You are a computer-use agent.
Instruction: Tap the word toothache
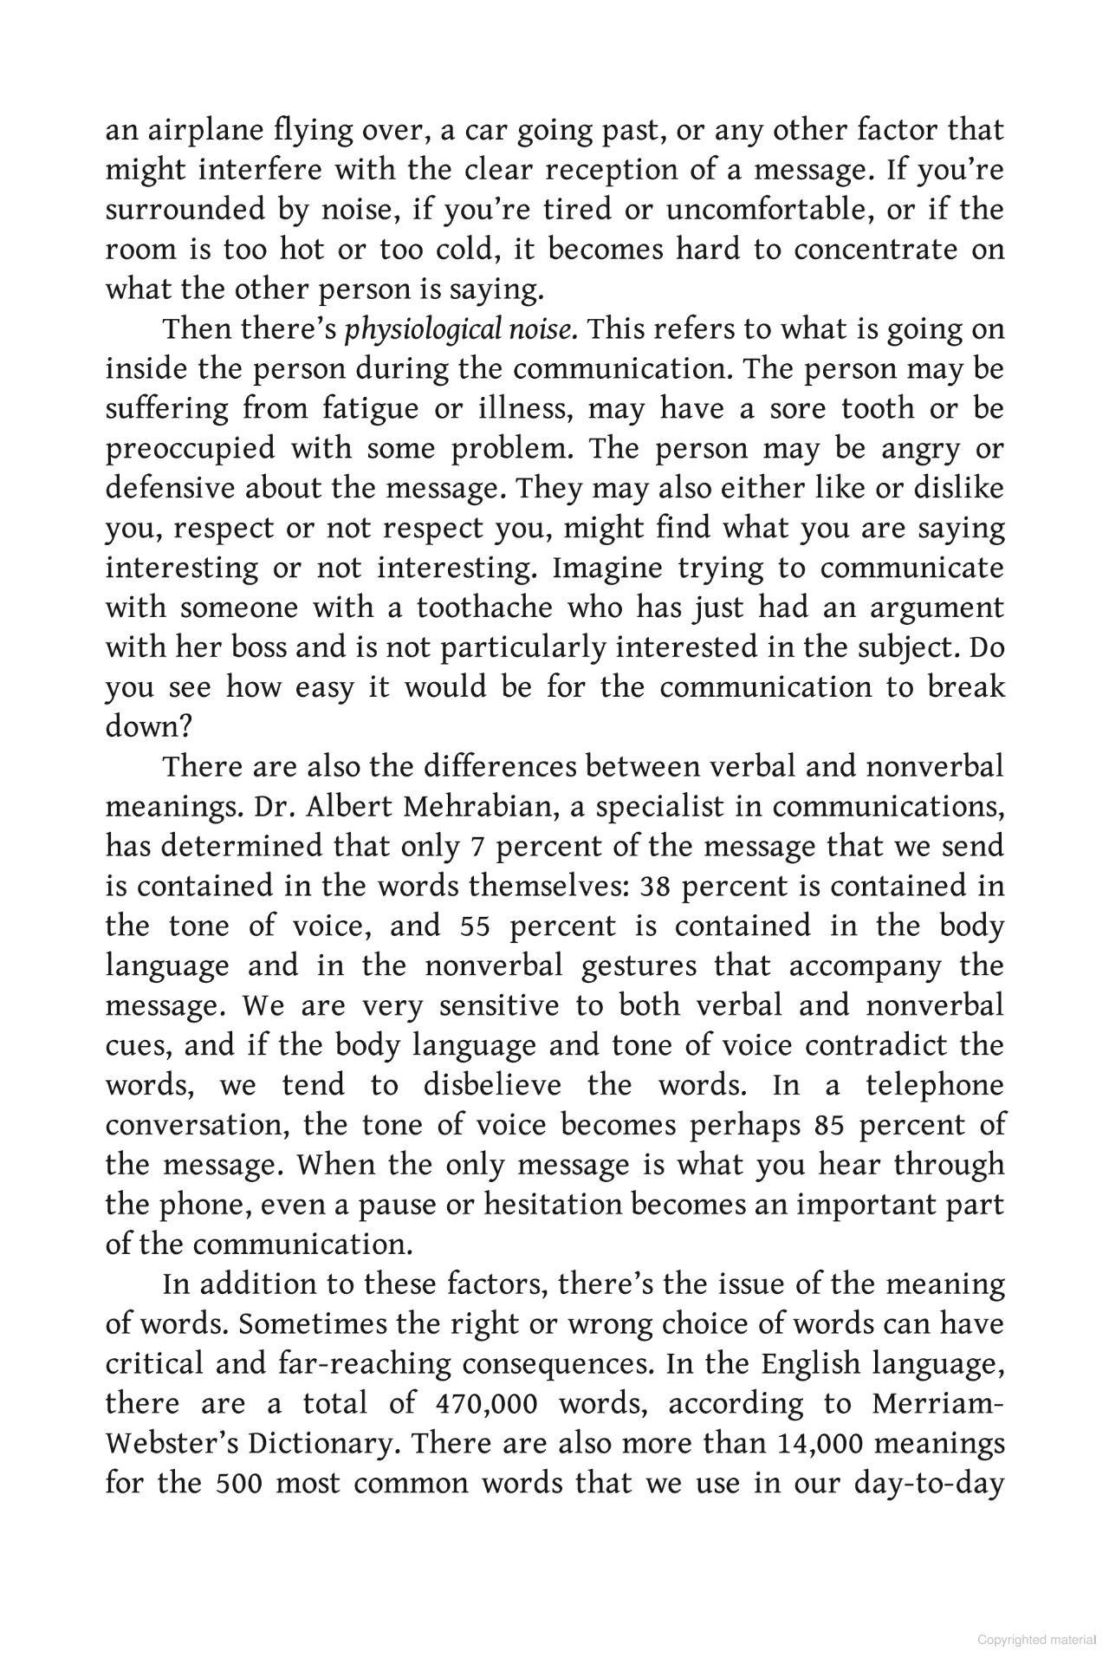pyautogui.click(x=484, y=608)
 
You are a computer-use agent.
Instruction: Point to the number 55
pyautogui.click(x=476, y=926)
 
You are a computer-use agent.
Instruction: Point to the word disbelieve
pyautogui.click(x=492, y=1086)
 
